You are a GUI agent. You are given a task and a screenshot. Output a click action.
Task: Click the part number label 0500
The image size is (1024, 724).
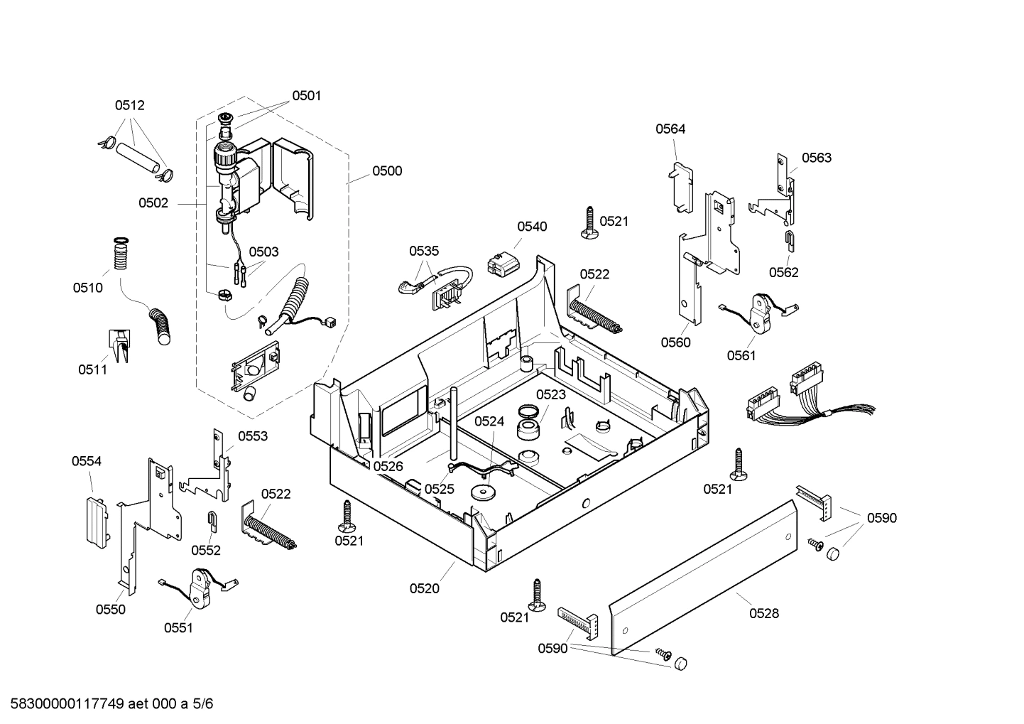click(386, 171)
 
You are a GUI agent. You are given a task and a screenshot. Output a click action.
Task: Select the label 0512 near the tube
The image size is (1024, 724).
click(129, 105)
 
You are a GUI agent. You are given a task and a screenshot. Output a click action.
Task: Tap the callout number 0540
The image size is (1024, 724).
click(532, 227)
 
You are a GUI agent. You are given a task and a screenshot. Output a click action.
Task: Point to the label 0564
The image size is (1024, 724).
click(670, 129)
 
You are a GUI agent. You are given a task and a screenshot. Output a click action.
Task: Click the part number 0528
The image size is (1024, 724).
click(763, 613)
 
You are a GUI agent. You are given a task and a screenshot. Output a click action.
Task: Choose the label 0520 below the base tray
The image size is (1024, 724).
click(424, 588)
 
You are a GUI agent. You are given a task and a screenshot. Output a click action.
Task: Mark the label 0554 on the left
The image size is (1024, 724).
click(86, 461)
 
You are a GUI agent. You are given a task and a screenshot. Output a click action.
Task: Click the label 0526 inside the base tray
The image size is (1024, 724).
click(388, 466)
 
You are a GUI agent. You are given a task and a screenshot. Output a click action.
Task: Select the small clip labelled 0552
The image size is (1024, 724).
click(212, 521)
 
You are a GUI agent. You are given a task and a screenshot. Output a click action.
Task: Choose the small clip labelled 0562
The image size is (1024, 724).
click(788, 241)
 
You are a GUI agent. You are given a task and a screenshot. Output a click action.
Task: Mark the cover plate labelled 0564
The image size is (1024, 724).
click(681, 187)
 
